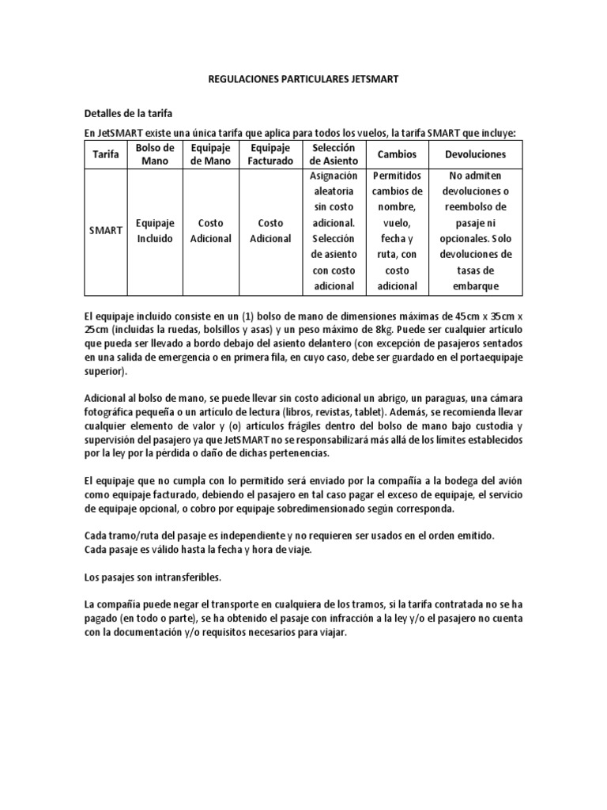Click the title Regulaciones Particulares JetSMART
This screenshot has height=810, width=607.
(303, 80)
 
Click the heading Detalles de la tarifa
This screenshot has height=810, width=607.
(128, 113)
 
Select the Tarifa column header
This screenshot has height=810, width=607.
(106, 154)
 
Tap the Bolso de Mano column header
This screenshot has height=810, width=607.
(155, 154)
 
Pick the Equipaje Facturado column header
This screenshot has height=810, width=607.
(270, 154)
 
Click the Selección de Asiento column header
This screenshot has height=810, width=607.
(334, 154)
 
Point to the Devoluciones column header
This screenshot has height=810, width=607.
(475, 154)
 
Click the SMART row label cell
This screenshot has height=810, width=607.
(106, 230)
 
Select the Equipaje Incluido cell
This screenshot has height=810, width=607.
(155, 230)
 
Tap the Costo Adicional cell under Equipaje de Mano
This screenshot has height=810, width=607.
(211, 230)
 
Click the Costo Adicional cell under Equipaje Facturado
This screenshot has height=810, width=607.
(270, 230)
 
